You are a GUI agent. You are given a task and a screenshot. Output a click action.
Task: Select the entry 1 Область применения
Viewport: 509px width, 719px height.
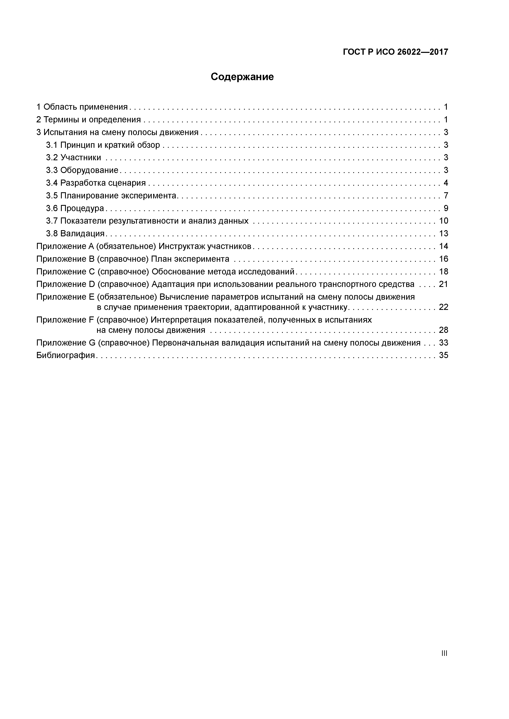pyautogui.click(x=82, y=107)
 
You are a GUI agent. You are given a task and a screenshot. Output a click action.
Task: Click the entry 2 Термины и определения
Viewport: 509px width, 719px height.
pyautogui.click(x=89, y=120)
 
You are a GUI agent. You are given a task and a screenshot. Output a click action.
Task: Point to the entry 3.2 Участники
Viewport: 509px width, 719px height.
pyautogui.click(x=74, y=158)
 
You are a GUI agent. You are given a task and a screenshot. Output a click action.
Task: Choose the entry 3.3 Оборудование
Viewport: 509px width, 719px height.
pyautogui.click(x=82, y=170)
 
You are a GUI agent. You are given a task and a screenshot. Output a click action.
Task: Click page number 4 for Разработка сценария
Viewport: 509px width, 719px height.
pyautogui.click(x=446, y=183)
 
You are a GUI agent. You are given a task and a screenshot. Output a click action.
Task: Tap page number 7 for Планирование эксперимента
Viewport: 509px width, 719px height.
pyautogui.click(x=446, y=196)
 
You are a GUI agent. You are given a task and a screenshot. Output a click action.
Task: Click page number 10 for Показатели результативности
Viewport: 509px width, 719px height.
pyautogui.click(x=444, y=221)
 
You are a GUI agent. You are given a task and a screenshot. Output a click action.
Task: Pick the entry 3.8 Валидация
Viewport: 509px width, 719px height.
pyautogui.click(x=75, y=234)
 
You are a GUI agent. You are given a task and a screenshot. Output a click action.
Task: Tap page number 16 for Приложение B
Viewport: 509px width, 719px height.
pyautogui.click(x=444, y=259)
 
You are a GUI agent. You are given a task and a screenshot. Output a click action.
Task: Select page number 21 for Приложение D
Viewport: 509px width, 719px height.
pyautogui.click(x=444, y=284)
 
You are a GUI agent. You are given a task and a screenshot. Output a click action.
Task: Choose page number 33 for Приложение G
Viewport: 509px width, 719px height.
pyautogui.click(x=444, y=343)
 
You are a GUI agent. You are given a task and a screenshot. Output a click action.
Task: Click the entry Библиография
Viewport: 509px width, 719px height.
pyautogui.click(x=65, y=355)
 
